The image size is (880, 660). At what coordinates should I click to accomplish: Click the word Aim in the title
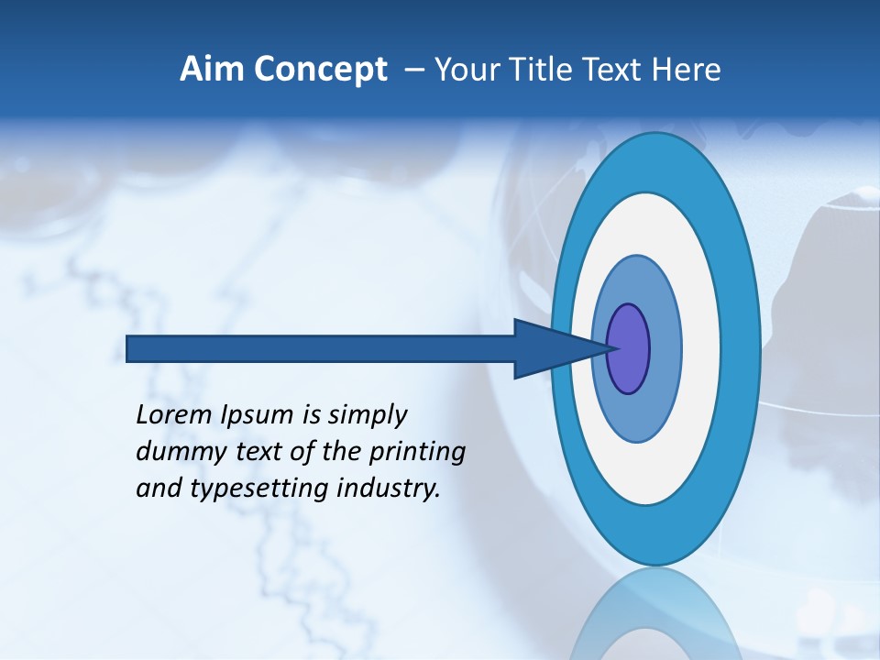208,70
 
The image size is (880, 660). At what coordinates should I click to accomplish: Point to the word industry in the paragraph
389,489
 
